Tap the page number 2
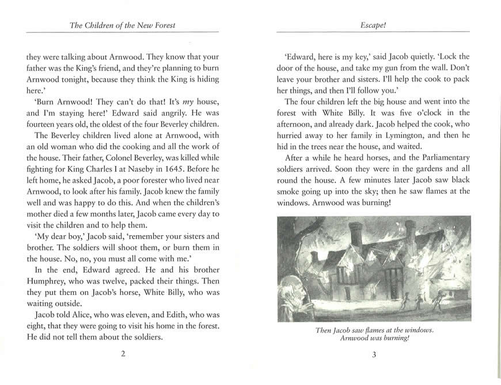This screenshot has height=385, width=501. [x=123, y=355]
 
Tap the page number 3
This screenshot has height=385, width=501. [x=374, y=355]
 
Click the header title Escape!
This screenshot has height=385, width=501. [x=374, y=26]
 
